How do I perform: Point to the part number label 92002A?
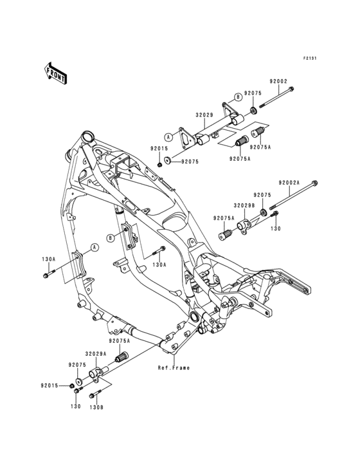[x=289, y=183]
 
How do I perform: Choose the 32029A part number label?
[x=96, y=353]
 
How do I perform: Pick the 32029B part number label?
[x=241, y=205]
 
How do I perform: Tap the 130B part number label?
[x=95, y=407]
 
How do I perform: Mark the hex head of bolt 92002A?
[x=314, y=182]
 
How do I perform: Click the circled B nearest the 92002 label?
[x=237, y=96]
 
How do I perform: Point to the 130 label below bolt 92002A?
[x=275, y=228]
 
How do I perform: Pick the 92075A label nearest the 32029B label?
[x=223, y=218]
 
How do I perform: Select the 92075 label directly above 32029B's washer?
[x=262, y=194]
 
